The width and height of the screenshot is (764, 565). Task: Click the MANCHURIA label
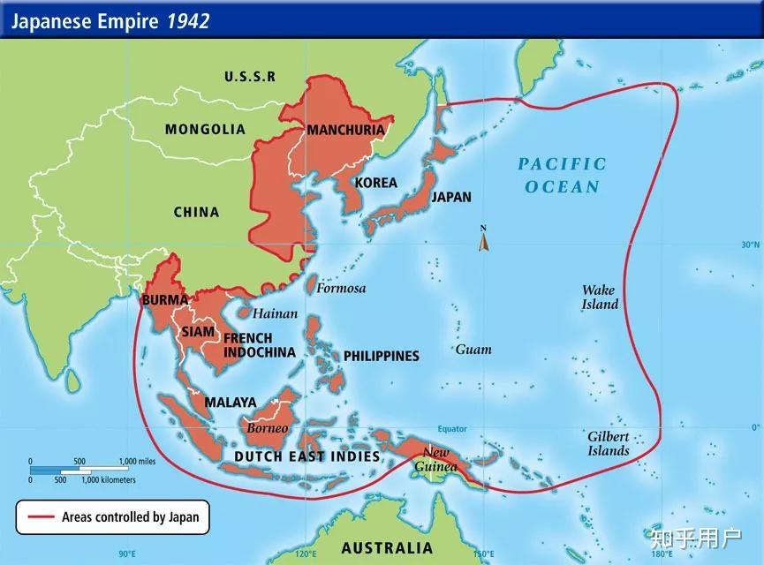tap(345, 130)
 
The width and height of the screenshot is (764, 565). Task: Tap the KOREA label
tap(375, 183)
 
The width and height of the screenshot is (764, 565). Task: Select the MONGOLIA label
tap(205, 129)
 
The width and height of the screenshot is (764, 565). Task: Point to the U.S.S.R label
tap(250, 77)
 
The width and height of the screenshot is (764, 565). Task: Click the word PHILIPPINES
tap(381, 356)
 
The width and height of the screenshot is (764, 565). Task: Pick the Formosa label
tap(341, 288)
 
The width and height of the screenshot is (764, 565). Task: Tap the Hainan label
tap(275, 313)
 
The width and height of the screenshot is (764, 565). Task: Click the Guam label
tap(473, 350)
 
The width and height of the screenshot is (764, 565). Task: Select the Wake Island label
tap(600, 297)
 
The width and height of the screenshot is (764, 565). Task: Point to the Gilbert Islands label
tap(609, 443)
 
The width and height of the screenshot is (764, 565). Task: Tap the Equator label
tap(452, 429)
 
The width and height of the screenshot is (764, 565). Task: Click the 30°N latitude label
tap(750, 245)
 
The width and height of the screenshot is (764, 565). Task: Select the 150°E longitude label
tap(483, 554)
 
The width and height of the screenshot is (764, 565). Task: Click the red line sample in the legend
tap(42, 516)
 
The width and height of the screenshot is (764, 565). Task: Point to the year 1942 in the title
tap(188, 20)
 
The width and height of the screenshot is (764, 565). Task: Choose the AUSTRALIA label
tap(387, 546)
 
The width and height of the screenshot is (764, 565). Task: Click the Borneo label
tap(267, 428)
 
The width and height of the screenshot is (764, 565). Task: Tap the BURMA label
tap(165, 299)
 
